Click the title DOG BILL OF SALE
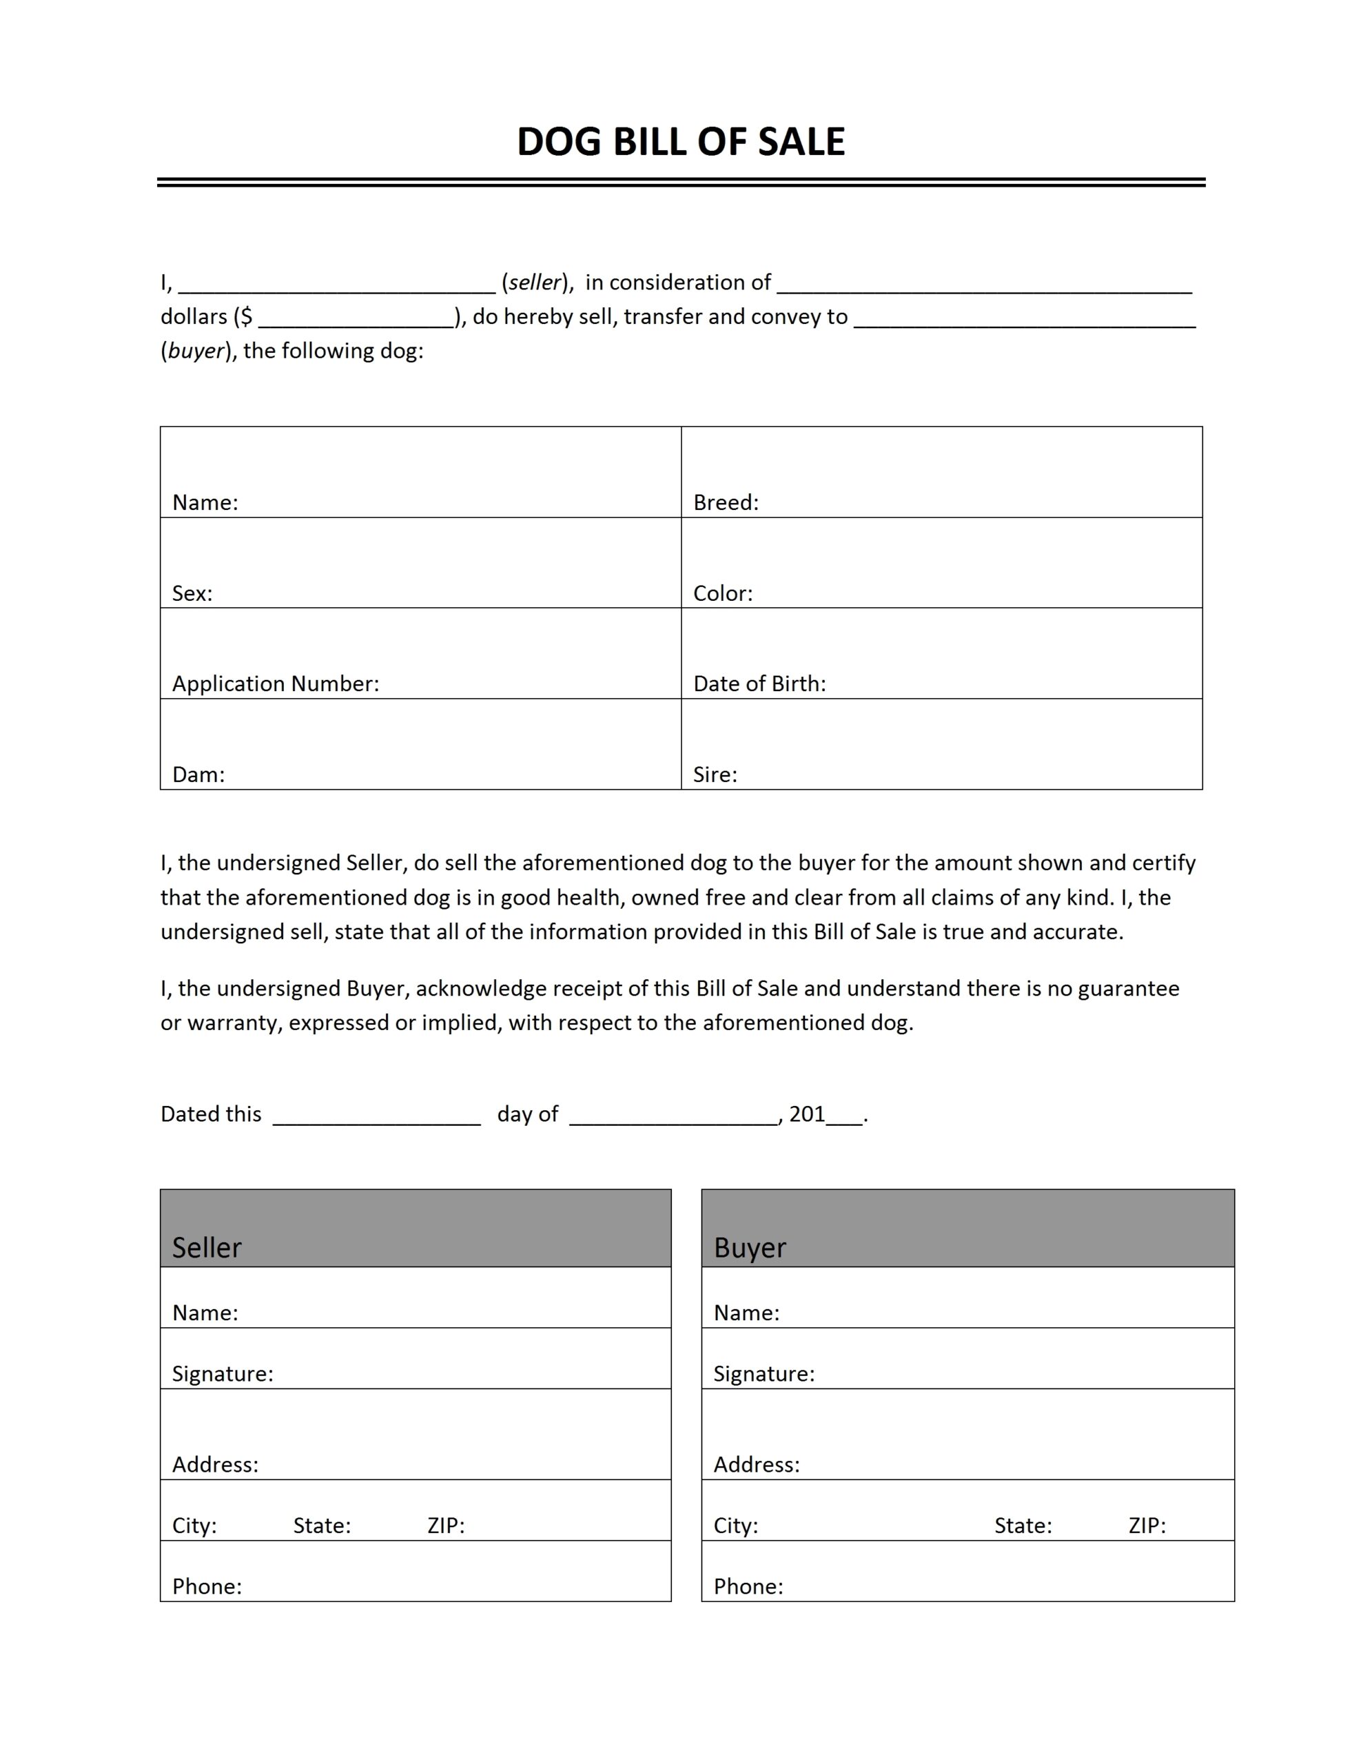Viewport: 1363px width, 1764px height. click(680, 141)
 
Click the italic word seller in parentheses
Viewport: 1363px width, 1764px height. click(534, 282)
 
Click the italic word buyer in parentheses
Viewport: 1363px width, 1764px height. click(195, 351)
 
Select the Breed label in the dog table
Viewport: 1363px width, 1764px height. click(726, 502)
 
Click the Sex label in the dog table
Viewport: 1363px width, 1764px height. click(192, 594)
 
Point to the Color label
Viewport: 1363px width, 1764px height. click(722, 594)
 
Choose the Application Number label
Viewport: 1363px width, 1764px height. click(275, 684)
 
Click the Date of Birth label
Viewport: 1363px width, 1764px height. click(759, 684)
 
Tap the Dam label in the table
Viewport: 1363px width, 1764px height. click(198, 775)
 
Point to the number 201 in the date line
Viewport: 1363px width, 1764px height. click(806, 1115)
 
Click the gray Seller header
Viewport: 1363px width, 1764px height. click(416, 1228)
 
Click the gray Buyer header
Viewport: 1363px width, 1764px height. click(967, 1228)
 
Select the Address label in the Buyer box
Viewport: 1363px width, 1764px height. click(756, 1465)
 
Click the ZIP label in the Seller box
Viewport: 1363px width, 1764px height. click(446, 1526)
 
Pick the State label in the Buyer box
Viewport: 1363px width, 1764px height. click(1022, 1526)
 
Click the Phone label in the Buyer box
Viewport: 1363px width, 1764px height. click(748, 1586)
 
